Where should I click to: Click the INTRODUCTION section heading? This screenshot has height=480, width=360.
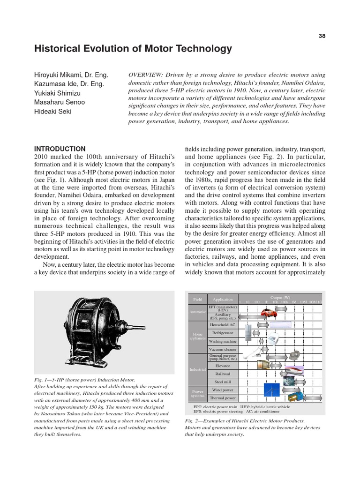tap(60, 149)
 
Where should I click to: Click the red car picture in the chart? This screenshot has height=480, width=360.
tap(269, 312)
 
